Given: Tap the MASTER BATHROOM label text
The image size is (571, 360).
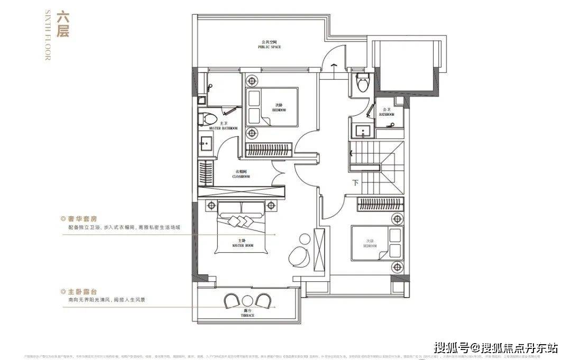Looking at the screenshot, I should coord(224,128).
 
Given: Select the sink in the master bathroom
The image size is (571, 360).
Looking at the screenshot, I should coord(205,141).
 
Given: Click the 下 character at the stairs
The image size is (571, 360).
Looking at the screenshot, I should coord(355,183).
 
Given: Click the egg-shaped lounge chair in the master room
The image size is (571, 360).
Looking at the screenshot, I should coord(300,256).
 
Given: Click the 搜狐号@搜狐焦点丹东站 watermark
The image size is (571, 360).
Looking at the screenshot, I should coord(495,347).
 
